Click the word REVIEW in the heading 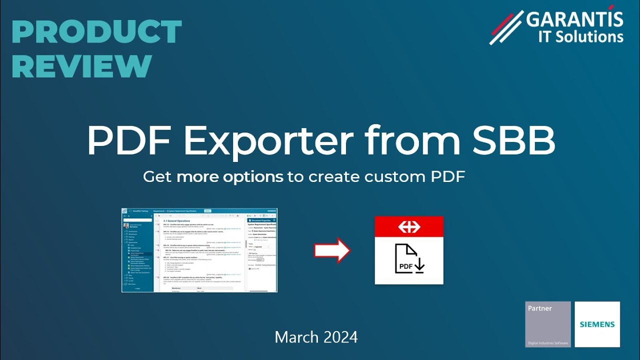coord(81,65)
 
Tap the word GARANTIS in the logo coord(575,20)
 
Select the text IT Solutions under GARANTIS coord(580,36)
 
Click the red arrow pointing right coord(332,250)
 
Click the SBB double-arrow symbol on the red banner coord(409,226)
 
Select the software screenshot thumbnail coord(199,250)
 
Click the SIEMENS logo coord(597,324)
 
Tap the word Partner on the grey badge coord(539,308)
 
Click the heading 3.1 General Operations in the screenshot coord(177,220)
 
